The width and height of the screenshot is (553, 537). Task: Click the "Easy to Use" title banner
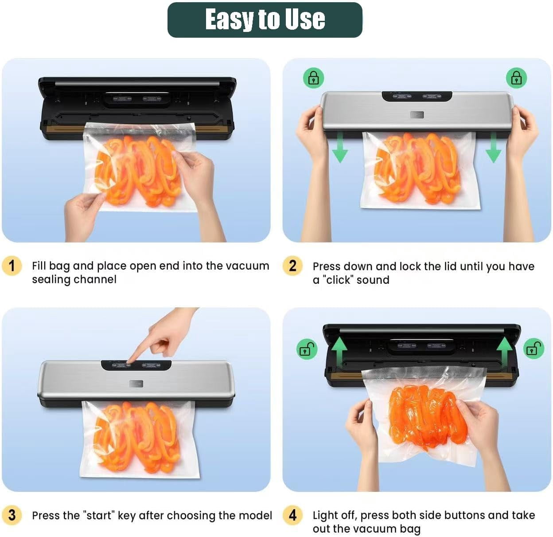265,20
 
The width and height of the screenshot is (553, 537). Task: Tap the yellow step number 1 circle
12,266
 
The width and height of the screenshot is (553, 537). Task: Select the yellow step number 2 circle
292,266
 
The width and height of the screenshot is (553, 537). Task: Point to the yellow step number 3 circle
12,515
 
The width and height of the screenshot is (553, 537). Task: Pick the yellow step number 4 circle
292,515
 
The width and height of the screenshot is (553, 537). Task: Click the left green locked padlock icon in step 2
313,78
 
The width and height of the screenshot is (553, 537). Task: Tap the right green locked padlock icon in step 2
516,78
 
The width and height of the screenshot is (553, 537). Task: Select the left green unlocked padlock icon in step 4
307,349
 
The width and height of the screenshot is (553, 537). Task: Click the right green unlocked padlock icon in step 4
534,349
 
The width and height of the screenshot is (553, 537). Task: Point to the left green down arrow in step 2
340,148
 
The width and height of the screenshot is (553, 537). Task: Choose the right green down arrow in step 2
493,148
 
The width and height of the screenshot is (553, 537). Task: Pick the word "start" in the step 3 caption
98,515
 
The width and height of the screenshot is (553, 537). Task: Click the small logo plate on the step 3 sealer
136,384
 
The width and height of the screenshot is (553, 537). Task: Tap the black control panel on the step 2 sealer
417,96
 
